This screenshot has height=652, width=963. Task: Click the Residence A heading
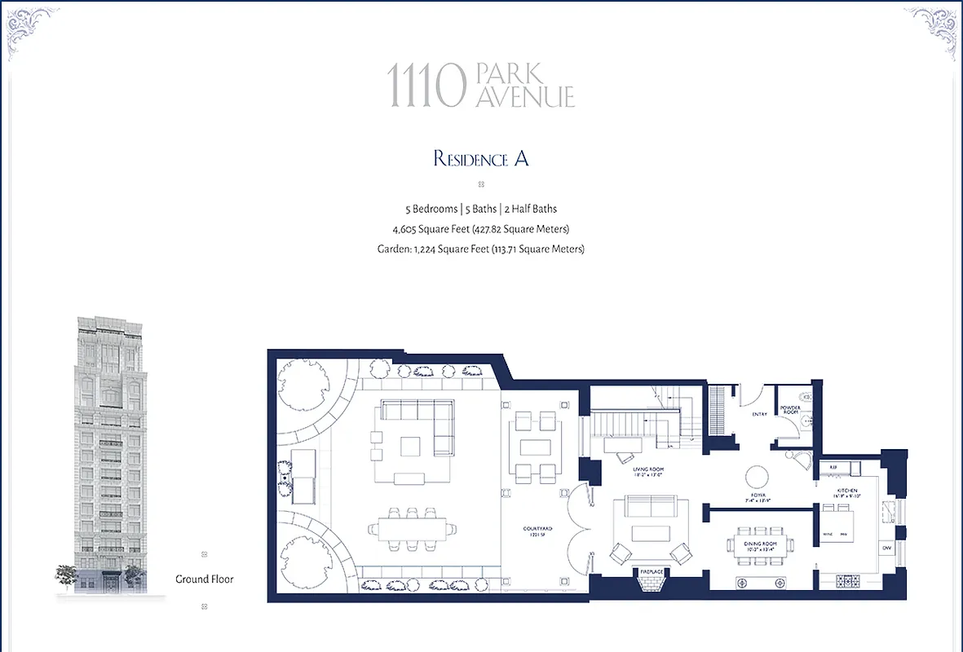(481, 158)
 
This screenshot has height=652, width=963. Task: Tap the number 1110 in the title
(426, 86)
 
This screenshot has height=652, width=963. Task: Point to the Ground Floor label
(205, 579)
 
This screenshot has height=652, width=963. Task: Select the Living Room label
(650, 473)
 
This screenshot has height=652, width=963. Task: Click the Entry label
(760, 414)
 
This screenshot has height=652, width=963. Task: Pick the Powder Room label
(790, 410)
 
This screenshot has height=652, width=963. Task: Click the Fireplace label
(651, 572)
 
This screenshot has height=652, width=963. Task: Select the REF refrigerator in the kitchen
(833, 468)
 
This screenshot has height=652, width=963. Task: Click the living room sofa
(650, 507)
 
